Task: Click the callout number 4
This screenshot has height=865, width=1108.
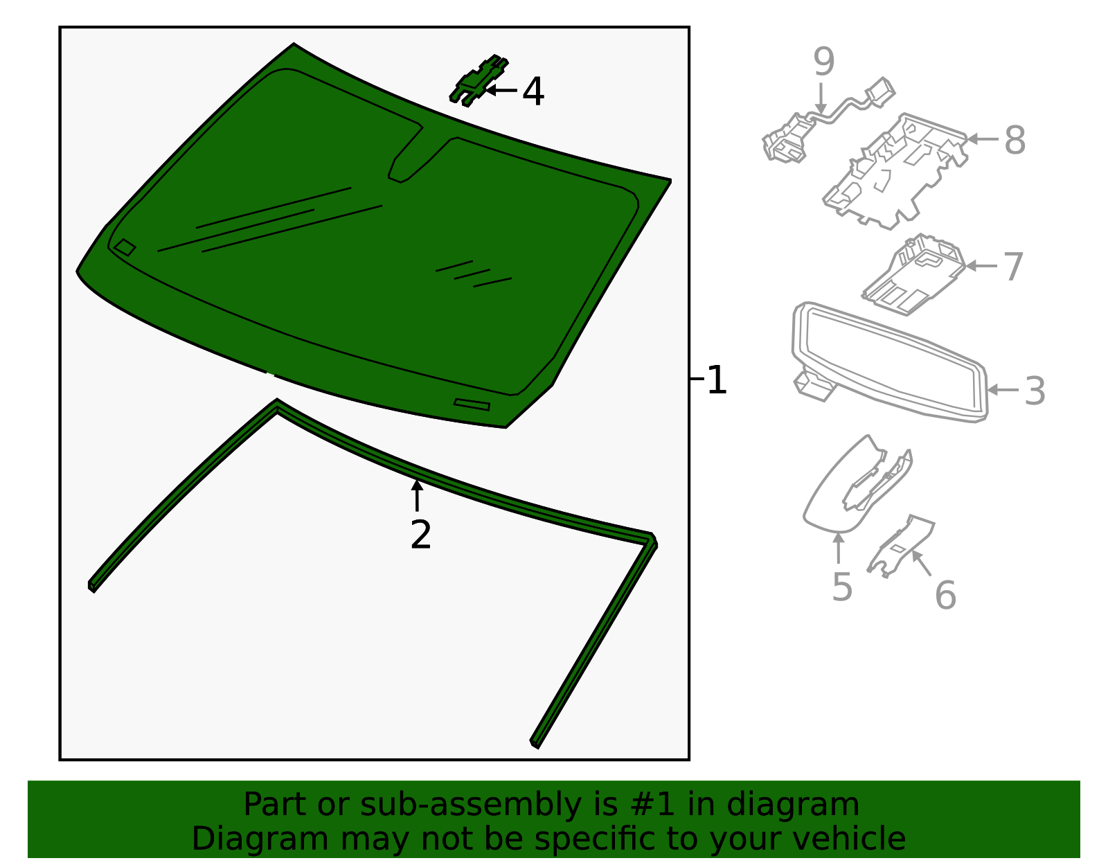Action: point(533,91)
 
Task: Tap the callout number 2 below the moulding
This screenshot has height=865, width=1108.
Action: point(420,535)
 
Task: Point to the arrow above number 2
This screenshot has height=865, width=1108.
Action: point(417,495)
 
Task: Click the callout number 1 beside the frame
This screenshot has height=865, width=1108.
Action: point(717,380)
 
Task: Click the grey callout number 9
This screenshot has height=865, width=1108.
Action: point(823,62)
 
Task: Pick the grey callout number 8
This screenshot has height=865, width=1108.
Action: point(1015,141)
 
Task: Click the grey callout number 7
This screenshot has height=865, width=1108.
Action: point(1012,267)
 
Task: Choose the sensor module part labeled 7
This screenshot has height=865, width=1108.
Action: point(914,276)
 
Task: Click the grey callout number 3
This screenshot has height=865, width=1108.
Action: point(1035,391)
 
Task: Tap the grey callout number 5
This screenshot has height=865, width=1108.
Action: point(841,587)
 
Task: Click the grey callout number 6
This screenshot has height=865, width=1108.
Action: point(945,596)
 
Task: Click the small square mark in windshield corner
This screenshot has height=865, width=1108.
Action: point(125,247)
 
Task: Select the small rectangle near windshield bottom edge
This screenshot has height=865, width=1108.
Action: point(472,404)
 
